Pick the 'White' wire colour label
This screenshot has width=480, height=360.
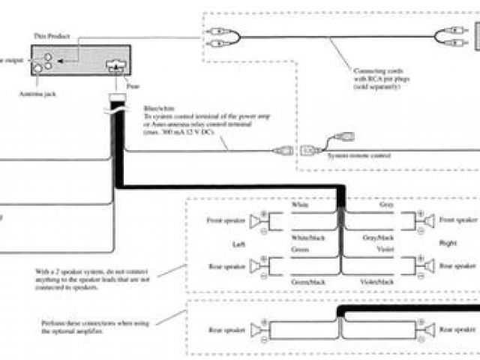tap(301, 203)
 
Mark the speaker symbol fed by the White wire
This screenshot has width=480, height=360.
tap(259, 220)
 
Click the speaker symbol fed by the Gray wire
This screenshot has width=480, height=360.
tap(427, 220)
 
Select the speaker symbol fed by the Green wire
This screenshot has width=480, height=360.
tap(259, 265)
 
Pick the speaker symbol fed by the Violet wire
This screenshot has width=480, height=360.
tap(427, 265)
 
